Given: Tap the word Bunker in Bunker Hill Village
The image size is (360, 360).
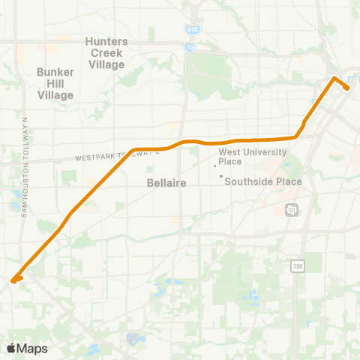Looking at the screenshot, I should point(55,73).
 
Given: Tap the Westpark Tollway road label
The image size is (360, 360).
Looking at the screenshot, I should point(118,156).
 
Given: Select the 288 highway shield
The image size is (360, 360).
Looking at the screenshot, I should point(298,265).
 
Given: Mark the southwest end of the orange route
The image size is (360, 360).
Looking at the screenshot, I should point(13,281).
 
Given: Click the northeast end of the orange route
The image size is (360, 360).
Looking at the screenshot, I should point(348,88).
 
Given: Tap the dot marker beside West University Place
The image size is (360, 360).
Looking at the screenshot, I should point(215,166).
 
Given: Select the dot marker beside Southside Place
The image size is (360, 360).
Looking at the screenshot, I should point(220,176).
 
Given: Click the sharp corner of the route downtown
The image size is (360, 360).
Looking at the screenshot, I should point(334,77).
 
